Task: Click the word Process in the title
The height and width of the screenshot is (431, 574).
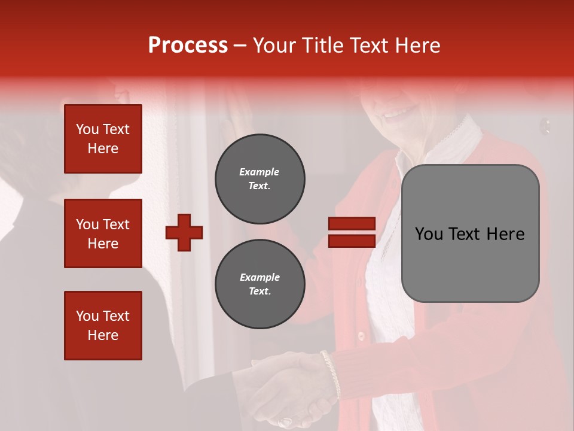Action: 188,45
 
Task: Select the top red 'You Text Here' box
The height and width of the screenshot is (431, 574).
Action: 103,139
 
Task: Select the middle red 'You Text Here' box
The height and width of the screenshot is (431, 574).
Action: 103,233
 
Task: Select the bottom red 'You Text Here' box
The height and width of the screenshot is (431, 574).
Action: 103,325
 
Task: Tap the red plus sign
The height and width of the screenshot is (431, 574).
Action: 184,232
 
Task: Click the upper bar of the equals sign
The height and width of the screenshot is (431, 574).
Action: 352,224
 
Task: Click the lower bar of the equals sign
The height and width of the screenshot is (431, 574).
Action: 352,241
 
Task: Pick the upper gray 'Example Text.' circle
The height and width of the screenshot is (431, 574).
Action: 259,179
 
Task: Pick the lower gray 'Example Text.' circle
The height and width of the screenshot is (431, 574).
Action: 259,284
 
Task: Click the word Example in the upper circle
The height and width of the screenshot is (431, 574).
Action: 259,172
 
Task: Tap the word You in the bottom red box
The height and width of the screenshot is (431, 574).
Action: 86,316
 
